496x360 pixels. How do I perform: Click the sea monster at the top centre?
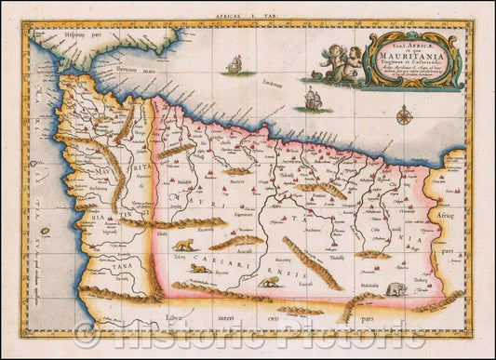click(236, 62)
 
